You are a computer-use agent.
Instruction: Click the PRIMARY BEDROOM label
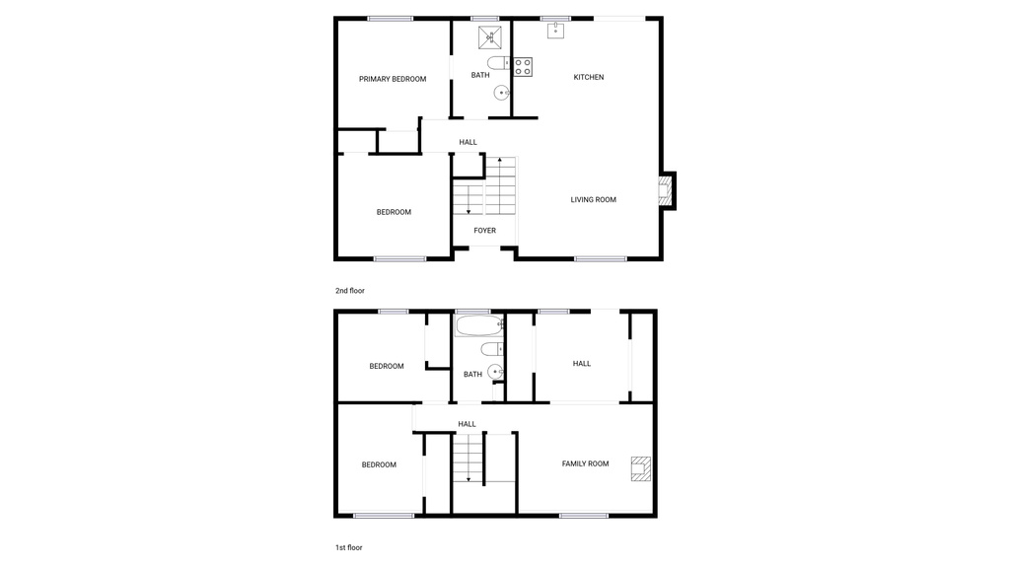point(393,79)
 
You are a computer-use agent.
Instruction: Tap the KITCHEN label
point(589,77)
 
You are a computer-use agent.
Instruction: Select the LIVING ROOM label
point(593,199)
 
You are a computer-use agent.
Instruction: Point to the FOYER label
point(484,231)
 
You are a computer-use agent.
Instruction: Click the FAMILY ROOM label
point(585,463)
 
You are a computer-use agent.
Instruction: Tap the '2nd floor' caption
point(350,291)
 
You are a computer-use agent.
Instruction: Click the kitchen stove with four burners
point(523,67)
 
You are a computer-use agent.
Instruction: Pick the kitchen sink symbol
point(555,31)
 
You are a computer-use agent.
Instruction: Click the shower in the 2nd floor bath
point(492,37)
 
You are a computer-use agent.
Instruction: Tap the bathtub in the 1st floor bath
point(480,325)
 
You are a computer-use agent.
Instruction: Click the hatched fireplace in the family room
point(641,467)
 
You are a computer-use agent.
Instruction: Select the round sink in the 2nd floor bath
point(502,94)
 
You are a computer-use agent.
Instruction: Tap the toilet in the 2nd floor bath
point(497,63)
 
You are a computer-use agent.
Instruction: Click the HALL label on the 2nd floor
point(468,142)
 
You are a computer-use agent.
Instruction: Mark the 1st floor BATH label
point(472,375)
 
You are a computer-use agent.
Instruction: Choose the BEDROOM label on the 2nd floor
point(394,212)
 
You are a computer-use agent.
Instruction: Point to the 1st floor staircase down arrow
point(469,477)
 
